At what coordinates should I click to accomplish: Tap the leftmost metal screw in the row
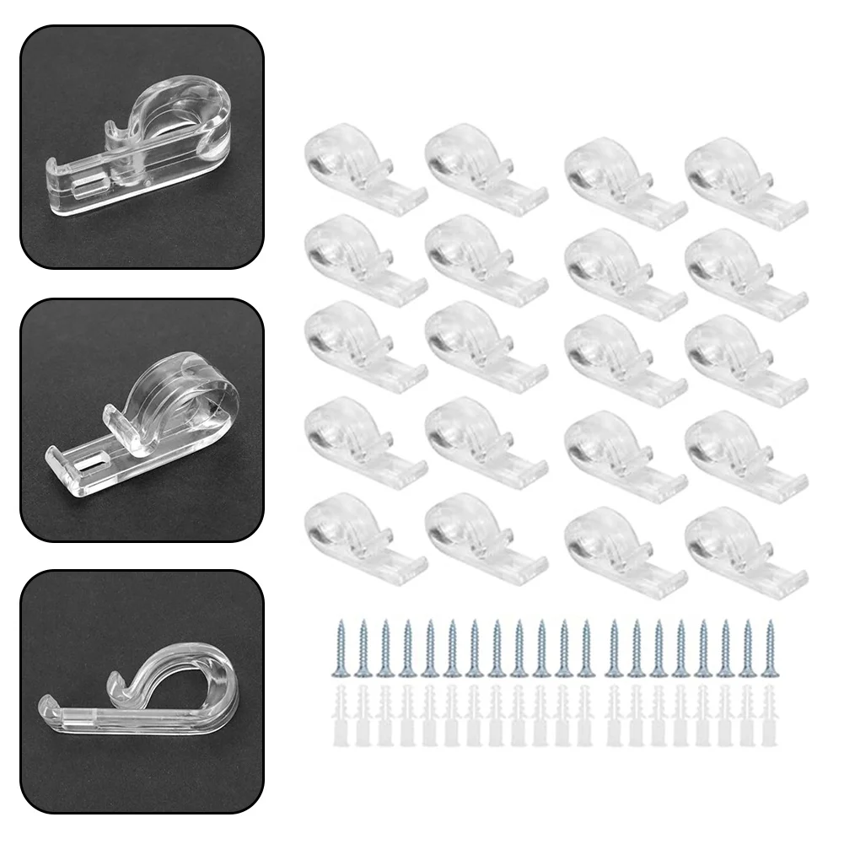click(342, 648)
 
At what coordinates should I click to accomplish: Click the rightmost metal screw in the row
click(768, 648)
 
